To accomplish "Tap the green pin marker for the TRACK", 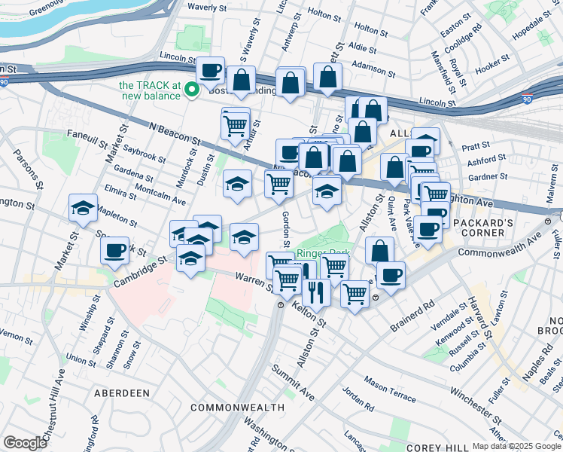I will click(x=192, y=90).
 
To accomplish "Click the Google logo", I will click(x=25, y=443).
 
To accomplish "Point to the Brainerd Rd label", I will click(x=413, y=317).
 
